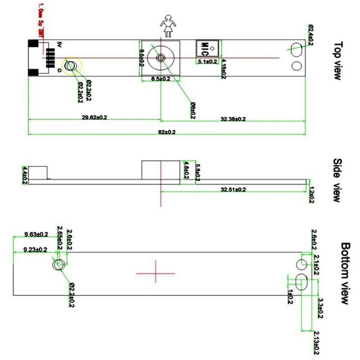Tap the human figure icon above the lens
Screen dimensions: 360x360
pyautogui.click(x=168, y=26)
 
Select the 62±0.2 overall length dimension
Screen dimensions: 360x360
pyautogui.click(x=166, y=132)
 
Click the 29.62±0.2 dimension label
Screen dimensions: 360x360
pyautogui.click(x=94, y=117)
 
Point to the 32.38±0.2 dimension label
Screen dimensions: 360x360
pyautogui.click(x=233, y=119)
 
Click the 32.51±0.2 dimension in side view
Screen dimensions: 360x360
pyautogui.click(x=233, y=190)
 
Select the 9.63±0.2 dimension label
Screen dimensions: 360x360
pyautogui.click(x=36, y=234)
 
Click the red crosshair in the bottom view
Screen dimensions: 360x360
pyautogui.click(x=156, y=272)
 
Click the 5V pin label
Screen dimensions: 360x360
pyautogui.click(x=59, y=44)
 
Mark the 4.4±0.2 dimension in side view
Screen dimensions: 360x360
pyautogui.click(x=25, y=175)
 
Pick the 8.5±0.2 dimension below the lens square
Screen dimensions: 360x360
pyautogui.click(x=161, y=79)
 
